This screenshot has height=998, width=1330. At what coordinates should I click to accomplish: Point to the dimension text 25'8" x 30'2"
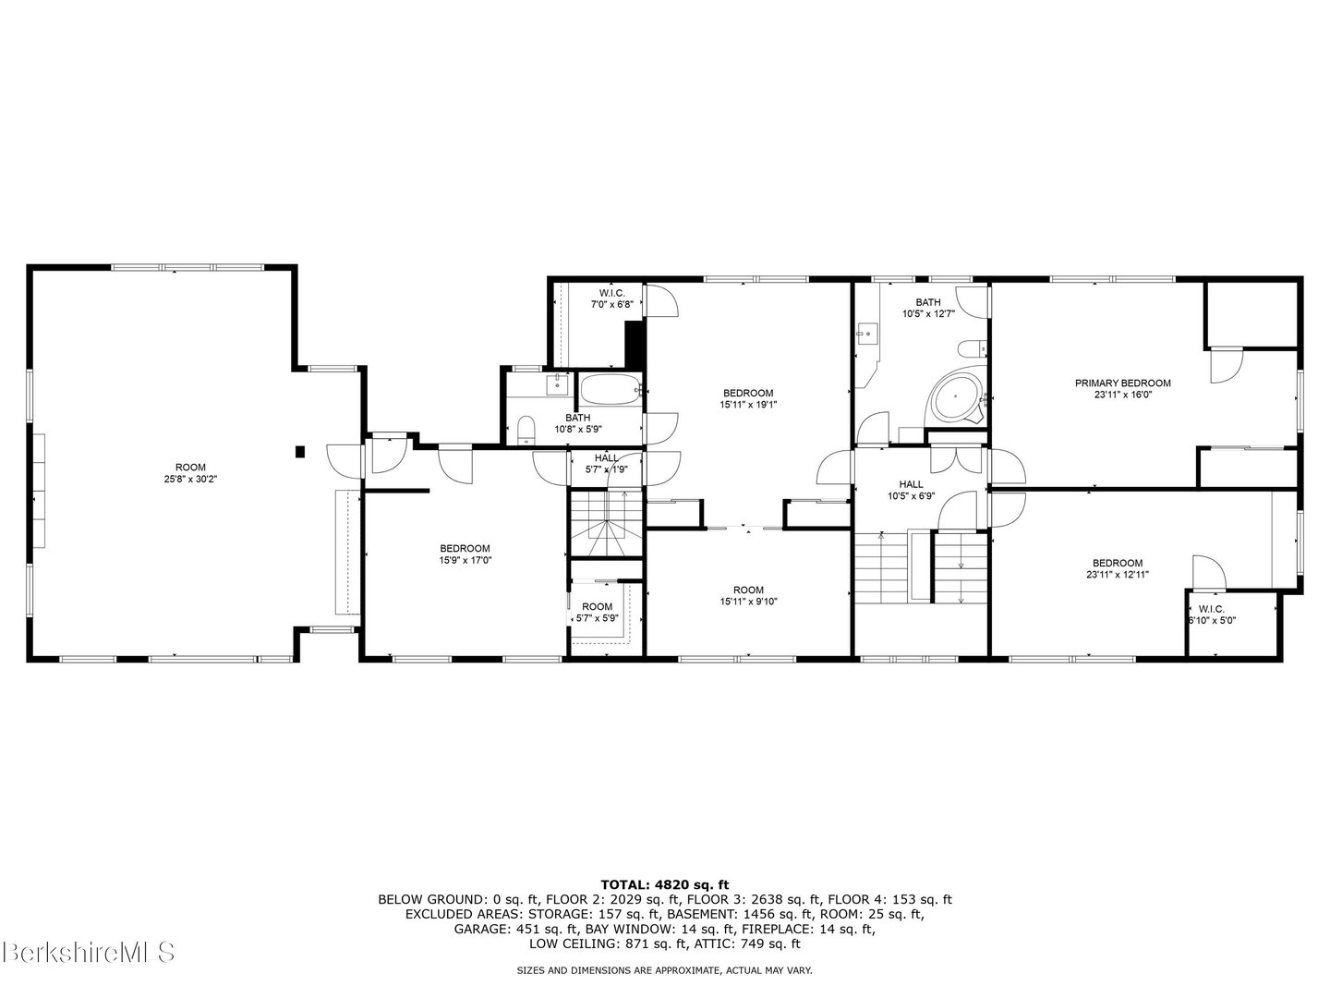(x=191, y=479)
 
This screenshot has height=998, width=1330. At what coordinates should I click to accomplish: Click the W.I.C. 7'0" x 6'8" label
(x=612, y=298)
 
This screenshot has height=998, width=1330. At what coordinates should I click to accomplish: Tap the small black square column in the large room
(x=300, y=451)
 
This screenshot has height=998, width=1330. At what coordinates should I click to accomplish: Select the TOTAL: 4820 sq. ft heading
(x=664, y=884)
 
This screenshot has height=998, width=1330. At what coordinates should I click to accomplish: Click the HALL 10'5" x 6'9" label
(x=911, y=490)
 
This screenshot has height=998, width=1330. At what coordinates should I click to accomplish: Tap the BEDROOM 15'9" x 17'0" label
(x=465, y=554)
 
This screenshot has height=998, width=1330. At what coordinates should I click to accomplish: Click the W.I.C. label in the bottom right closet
(x=1211, y=609)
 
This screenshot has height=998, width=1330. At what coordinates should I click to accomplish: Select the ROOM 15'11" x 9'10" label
(x=748, y=596)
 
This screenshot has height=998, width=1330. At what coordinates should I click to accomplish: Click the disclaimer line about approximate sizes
(x=664, y=970)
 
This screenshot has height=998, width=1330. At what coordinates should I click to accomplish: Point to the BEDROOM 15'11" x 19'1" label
(x=747, y=398)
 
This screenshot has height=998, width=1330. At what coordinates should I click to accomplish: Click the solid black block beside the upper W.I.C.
(x=634, y=344)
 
